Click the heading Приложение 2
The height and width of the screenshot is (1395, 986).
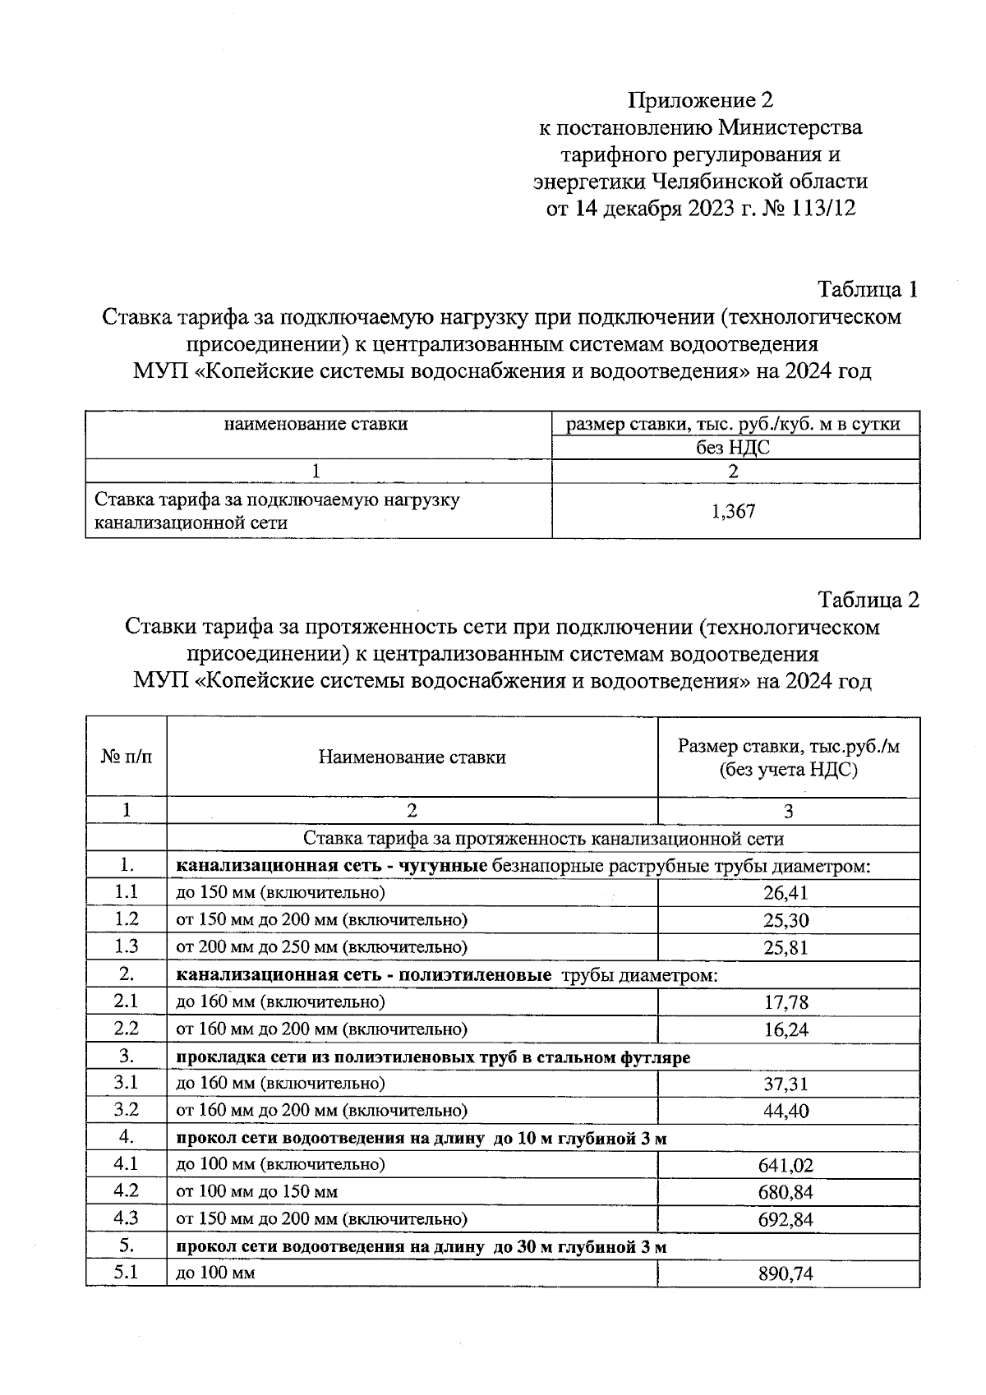pos(700,100)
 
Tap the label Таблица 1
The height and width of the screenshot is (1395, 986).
pos(867,289)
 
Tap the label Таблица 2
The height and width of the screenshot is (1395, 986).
pos(867,600)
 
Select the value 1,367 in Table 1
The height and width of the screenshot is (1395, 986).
pos(734,512)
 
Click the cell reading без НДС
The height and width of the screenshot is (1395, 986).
pos(734,448)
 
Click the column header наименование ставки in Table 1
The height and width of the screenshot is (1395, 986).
pos(316,425)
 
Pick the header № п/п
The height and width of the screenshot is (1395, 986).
pos(127,757)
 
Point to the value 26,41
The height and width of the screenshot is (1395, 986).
pos(786,893)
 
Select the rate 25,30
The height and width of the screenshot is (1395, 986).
pos(786,920)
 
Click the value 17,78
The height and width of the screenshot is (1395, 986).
pos(786,1002)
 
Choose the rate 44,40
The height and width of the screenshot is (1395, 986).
pos(786,1112)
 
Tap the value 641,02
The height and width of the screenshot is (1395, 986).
pos(786,1166)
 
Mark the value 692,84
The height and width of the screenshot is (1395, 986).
pos(786,1220)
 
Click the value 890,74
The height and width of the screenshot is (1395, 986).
pos(786,1274)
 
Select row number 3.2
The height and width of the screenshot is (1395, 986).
pos(127,1110)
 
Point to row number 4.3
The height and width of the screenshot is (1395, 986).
pos(127,1218)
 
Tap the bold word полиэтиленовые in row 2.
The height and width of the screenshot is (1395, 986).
pos(475,975)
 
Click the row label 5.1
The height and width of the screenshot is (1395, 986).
pos(127,1273)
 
